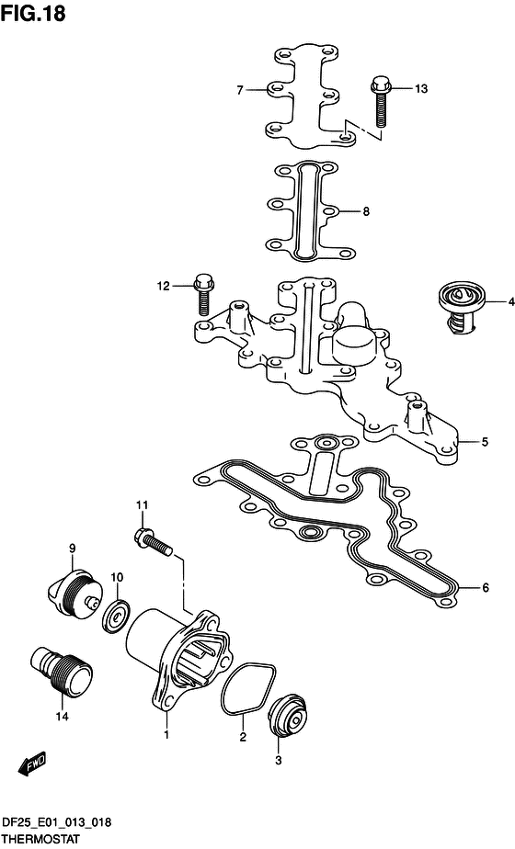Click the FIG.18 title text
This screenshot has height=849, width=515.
pos(33,13)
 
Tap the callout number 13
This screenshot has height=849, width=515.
pos(421,89)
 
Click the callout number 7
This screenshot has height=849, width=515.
pos(240,90)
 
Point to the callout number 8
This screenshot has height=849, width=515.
pos(366,211)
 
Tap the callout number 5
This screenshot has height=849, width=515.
pos(485,442)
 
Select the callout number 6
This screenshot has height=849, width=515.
pos(486,587)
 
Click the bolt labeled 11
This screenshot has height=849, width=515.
pos(154,542)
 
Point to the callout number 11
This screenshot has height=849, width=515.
pos(142,505)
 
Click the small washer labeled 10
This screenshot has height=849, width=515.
pos(118,616)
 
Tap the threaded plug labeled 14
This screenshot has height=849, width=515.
pos(60,671)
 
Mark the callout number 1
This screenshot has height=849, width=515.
pos(166,735)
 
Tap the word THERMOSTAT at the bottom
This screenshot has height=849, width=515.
pos(40,840)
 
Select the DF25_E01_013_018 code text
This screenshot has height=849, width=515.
pos(56,823)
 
